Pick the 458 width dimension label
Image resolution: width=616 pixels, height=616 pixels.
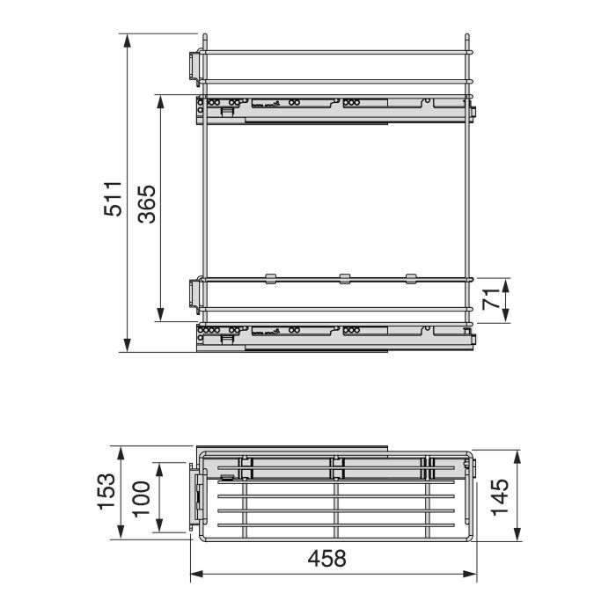328,558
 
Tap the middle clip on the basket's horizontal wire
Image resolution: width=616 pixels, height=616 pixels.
344,280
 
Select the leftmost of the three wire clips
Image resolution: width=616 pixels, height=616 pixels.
271,280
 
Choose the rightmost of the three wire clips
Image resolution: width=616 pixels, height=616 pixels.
411,280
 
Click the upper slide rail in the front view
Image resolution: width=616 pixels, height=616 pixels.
334,108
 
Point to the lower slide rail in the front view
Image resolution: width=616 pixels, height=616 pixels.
334,337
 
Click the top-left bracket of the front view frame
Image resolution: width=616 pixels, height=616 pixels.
194,65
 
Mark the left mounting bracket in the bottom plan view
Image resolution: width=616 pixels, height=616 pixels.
198,500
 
